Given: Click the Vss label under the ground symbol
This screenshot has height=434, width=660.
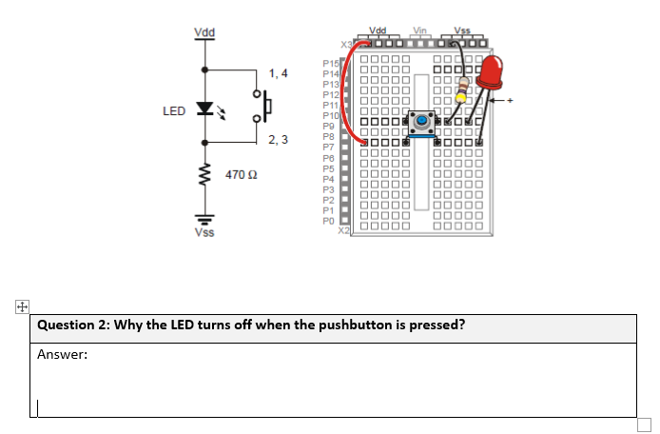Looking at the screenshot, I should (204, 232).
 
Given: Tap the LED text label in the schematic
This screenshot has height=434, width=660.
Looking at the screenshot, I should (173, 111).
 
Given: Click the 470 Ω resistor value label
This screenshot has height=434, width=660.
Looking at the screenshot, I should (237, 175).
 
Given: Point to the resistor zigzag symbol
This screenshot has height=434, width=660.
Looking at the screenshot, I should (204, 175).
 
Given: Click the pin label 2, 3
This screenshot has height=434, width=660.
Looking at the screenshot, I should (278, 140).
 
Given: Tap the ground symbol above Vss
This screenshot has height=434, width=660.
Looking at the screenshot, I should (204, 215).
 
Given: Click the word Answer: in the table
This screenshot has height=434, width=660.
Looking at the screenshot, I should (63, 354).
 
